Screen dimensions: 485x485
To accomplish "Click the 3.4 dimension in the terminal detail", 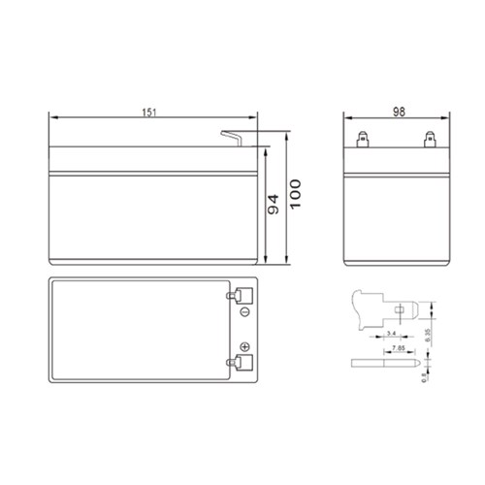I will (x=390, y=331).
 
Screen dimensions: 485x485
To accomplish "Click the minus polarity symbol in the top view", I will (x=244, y=313).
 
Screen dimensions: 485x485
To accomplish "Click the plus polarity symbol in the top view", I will (x=244, y=347).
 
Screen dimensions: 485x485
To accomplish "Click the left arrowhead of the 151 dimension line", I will (x=52, y=118).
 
